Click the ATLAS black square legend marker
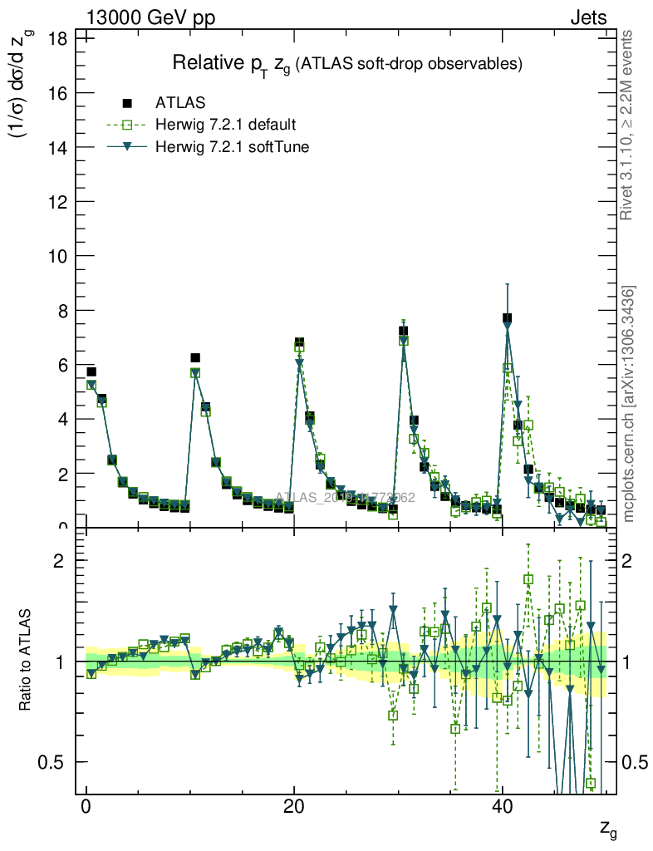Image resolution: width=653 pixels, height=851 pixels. click(127, 103)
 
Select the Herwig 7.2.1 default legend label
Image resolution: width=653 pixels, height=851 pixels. click(226, 125)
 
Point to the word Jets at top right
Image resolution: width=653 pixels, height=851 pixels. click(587, 17)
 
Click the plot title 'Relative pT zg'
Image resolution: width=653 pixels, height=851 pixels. click(346, 64)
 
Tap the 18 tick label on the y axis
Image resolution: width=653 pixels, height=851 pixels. click(57, 37)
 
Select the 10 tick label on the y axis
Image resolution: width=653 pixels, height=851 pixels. click(57, 256)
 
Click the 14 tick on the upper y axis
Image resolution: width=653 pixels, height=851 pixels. click(57, 147)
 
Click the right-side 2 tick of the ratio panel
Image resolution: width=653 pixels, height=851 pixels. click(634, 560)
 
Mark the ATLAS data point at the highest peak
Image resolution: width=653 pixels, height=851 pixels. click(507, 318)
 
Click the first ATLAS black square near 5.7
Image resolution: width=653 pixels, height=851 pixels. click(91, 371)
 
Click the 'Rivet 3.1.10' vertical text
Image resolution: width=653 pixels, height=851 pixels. click(628, 125)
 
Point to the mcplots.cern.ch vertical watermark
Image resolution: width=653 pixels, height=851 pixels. click(628, 404)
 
